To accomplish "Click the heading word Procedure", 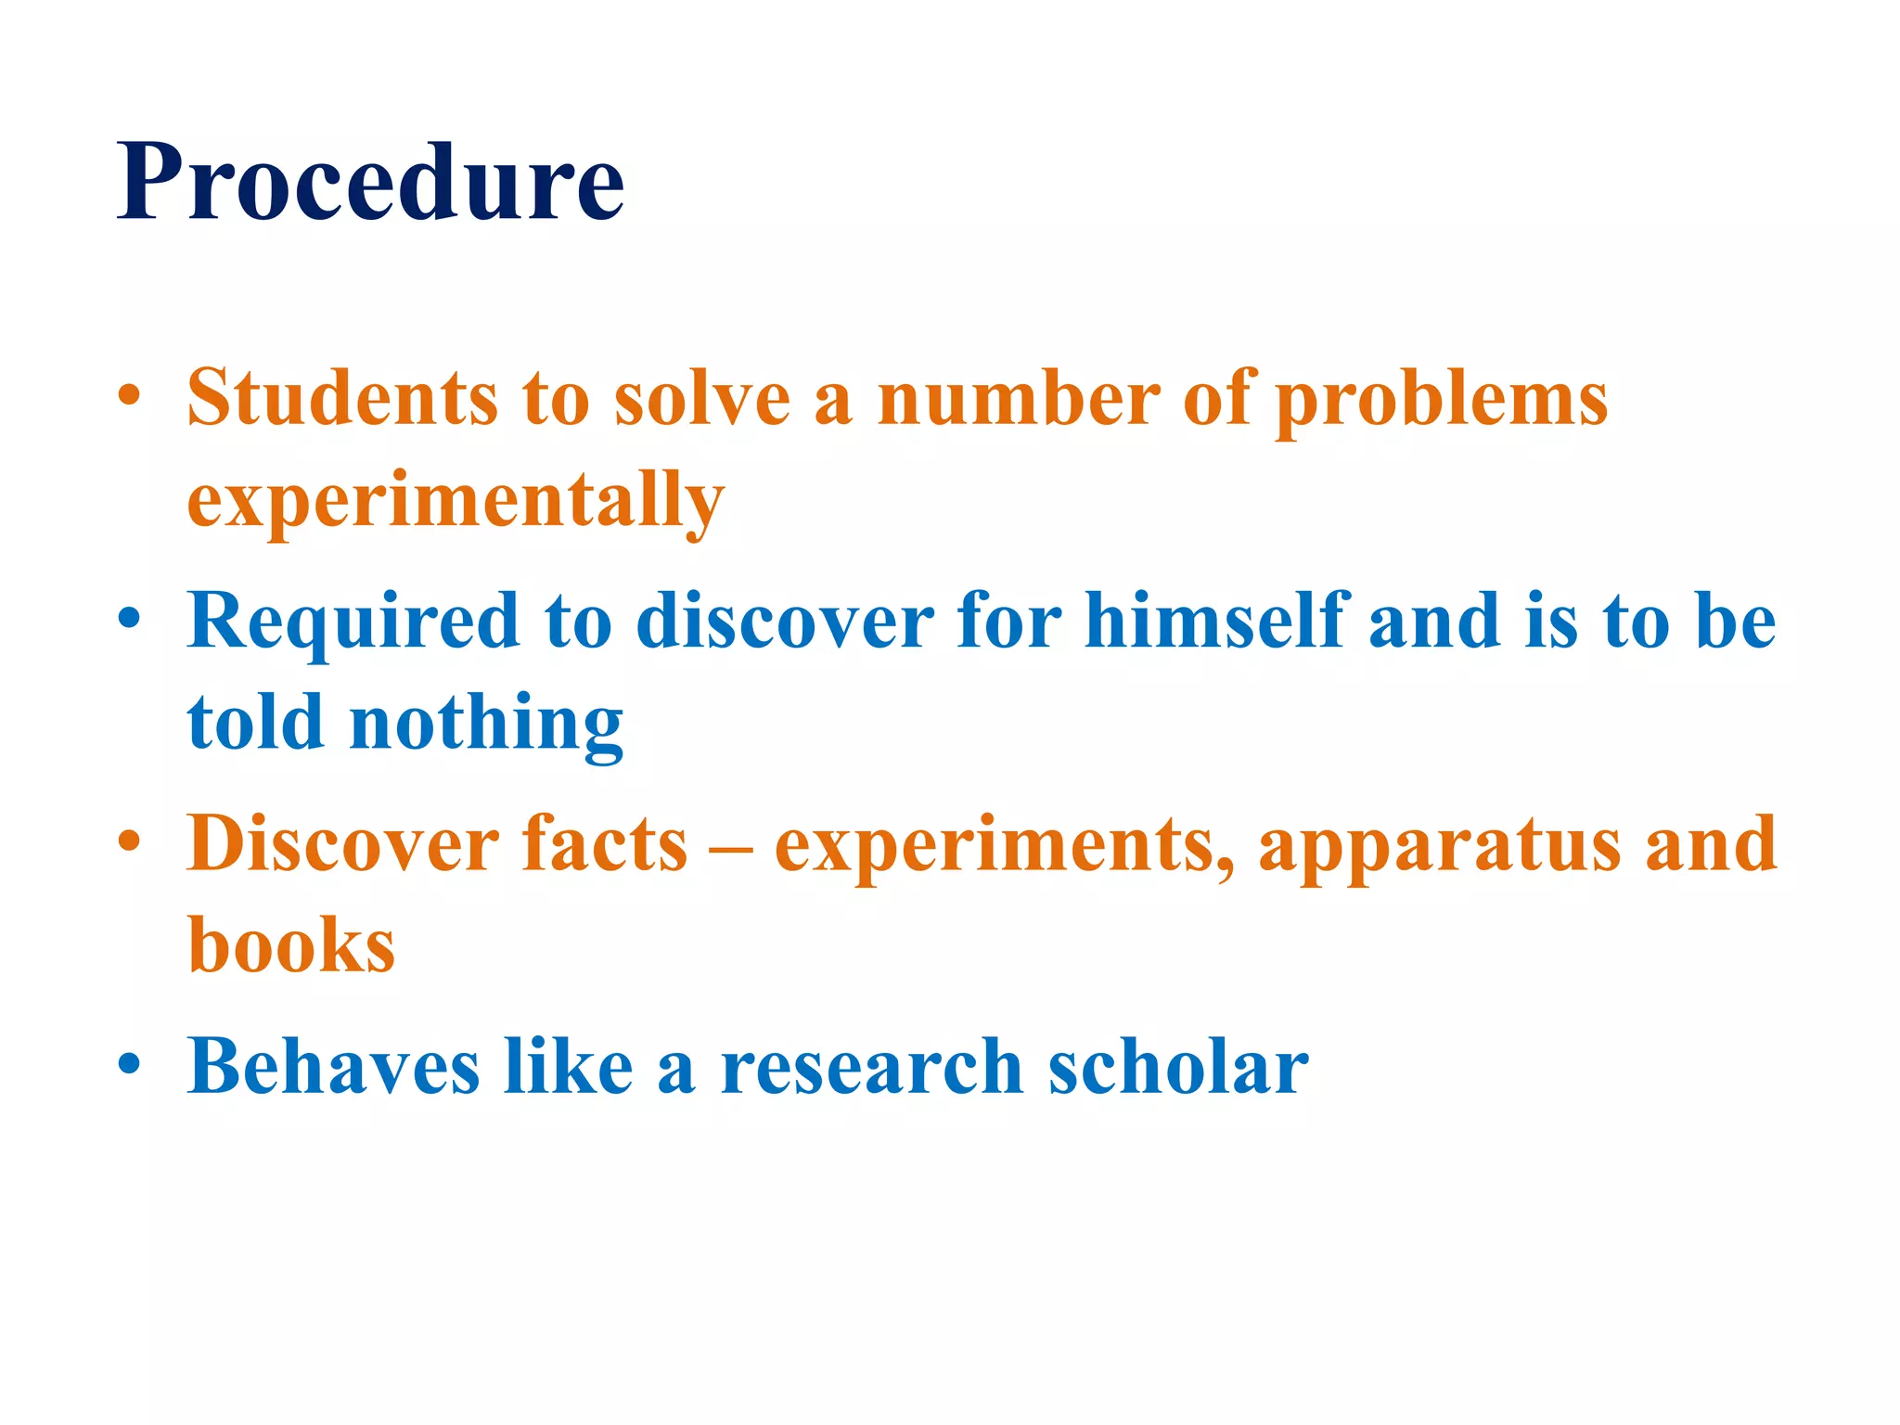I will click(x=370, y=182).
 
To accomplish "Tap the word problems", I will click(x=1441, y=400).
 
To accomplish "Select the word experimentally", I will click(x=456, y=501).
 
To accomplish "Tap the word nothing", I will click(x=486, y=724).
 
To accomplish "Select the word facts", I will click(x=605, y=843).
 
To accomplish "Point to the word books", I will click(x=291, y=945).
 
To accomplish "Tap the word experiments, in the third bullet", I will click(x=1005, y=844).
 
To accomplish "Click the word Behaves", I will click(x=334, y=1066).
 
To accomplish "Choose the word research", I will click(x=872, y=1067).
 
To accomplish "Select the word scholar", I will click(x=1178, y=1066).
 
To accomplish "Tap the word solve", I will click(x=702, y=398).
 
